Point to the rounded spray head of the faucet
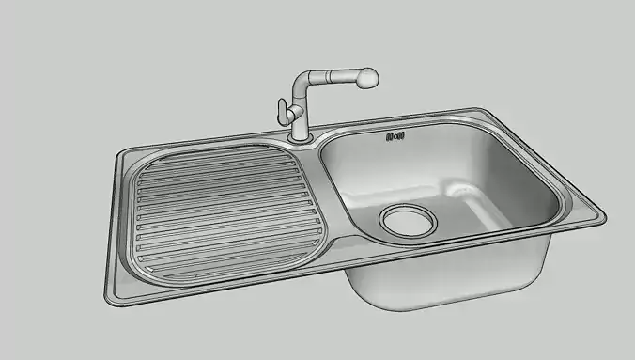tap(365, 78)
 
